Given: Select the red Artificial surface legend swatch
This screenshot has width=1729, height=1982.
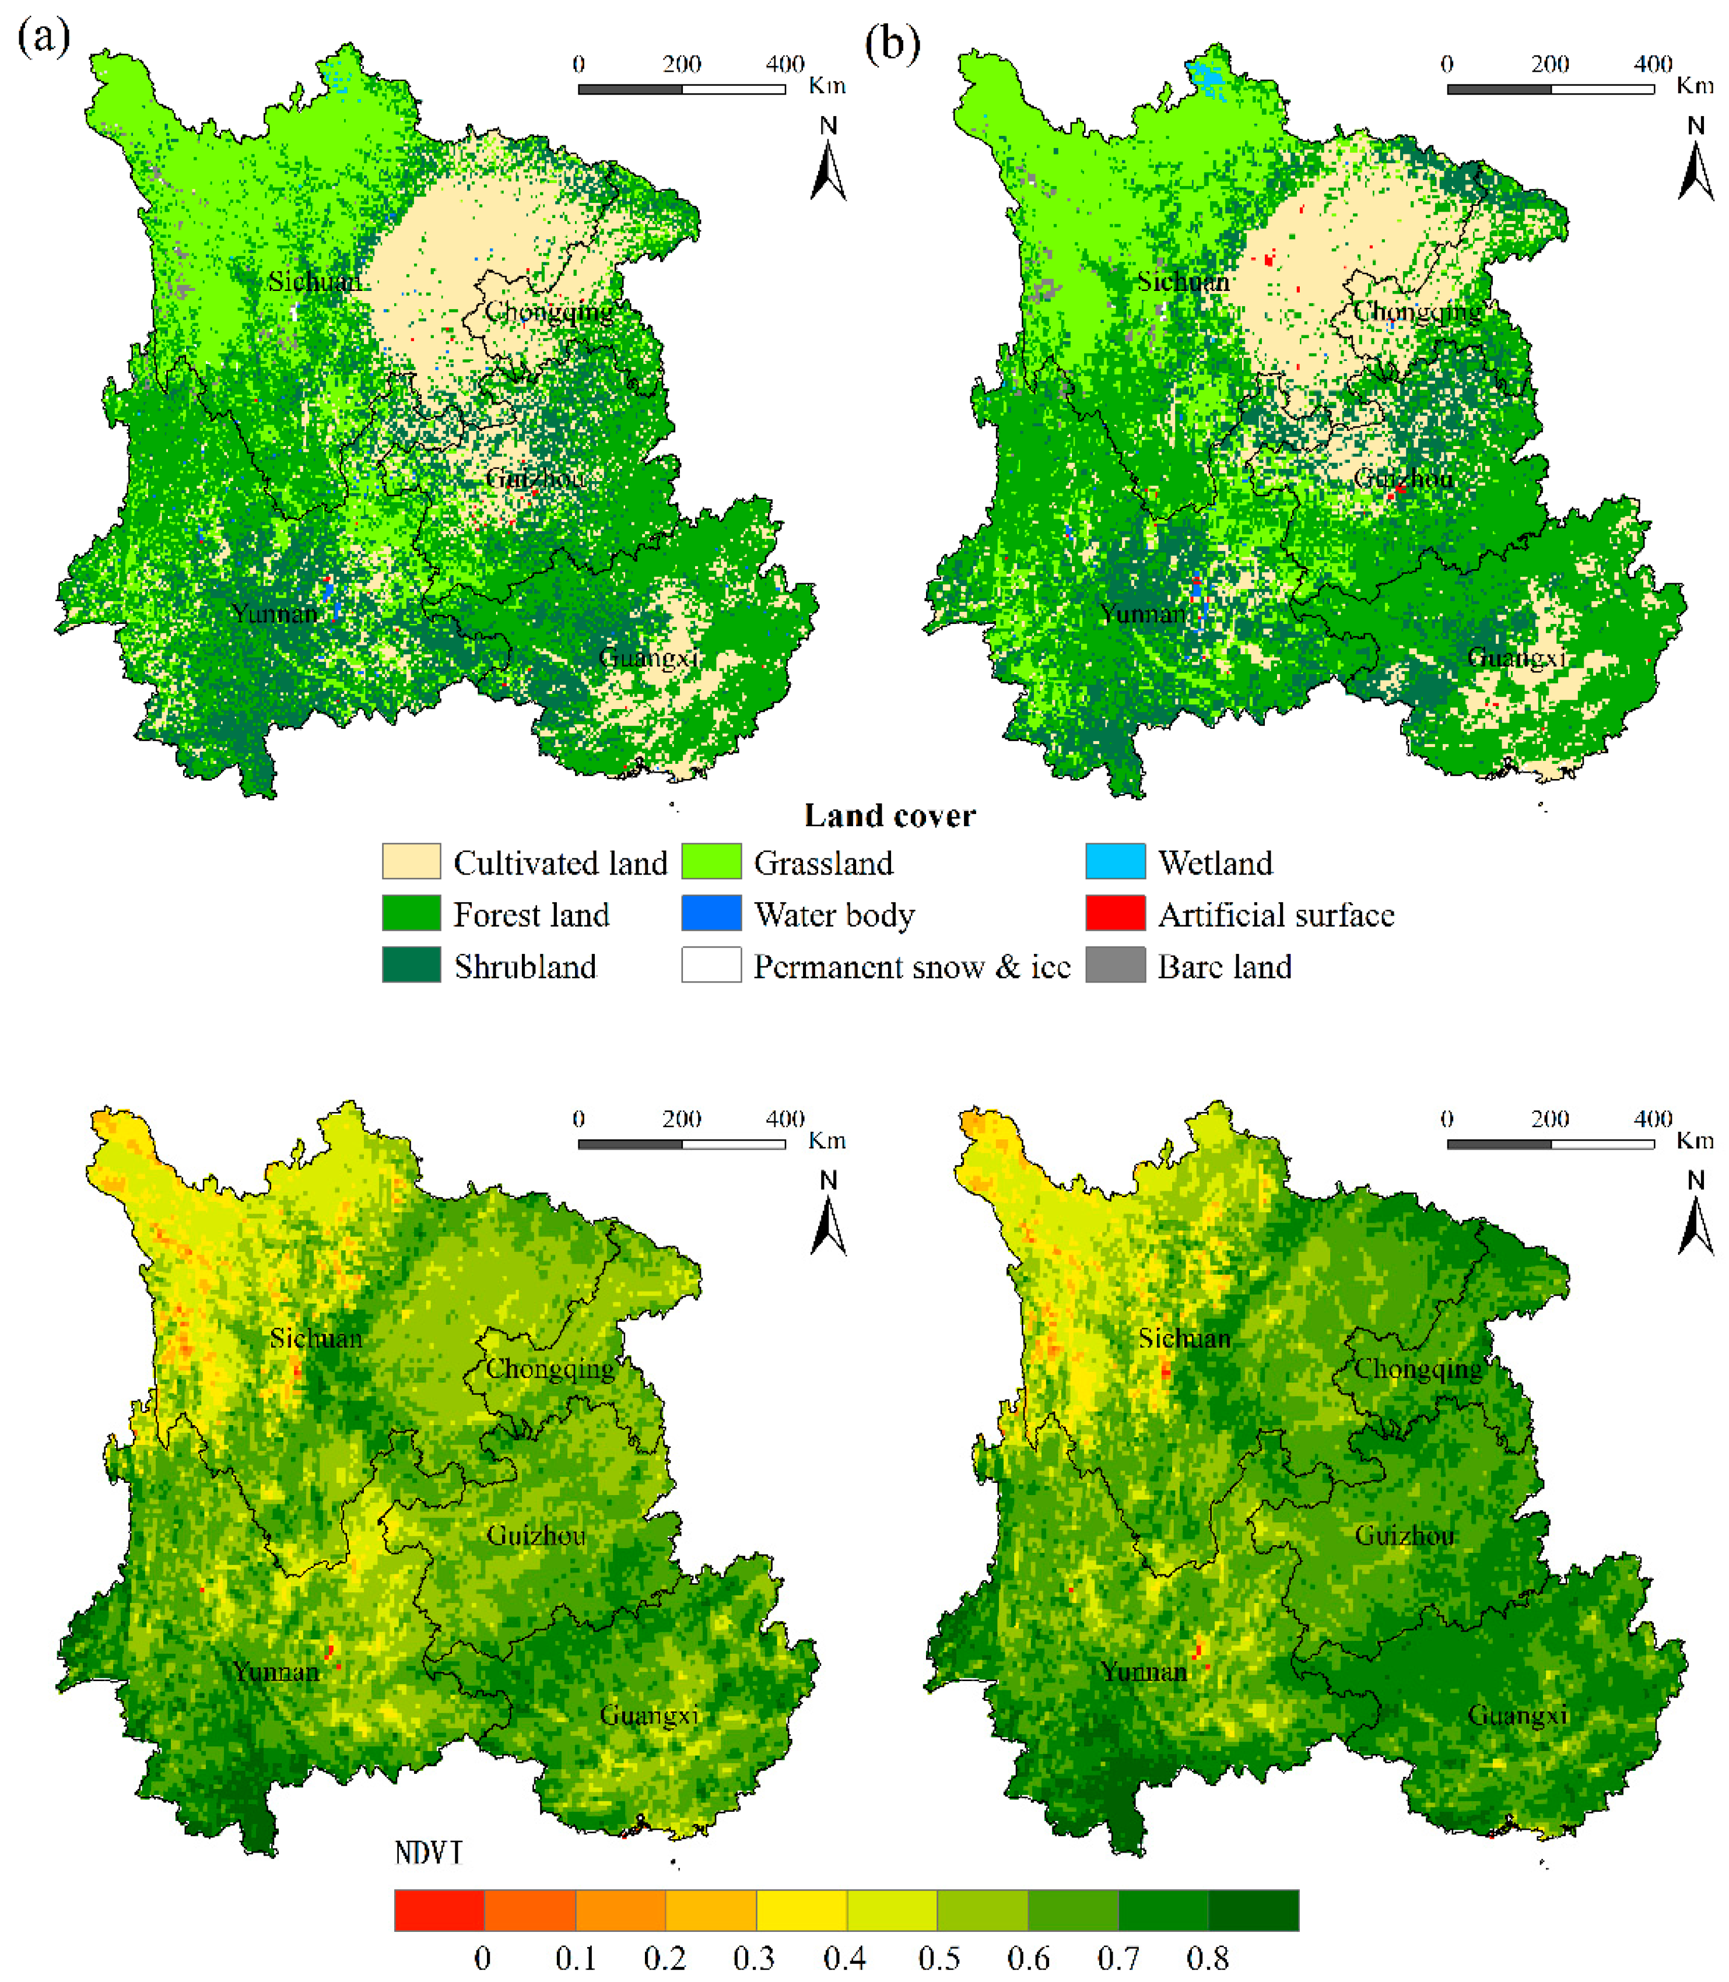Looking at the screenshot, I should pyautogui.click(x=1116, y=913).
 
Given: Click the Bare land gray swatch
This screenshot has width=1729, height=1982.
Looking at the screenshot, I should pyautogui.click(x=1116, y=965).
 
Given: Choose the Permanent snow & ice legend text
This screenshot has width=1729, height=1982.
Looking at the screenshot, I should pyautogui.click(x=912, y=966).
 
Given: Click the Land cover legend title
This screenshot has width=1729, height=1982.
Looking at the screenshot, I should pyautogui.click(x=890, y=815).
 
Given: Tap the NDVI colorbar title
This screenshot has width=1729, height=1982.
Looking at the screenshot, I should pyautogui.click(x=429, y=1853).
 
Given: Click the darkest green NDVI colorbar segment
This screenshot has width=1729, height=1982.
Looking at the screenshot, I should pyautogui.click(x=1253, y=1910).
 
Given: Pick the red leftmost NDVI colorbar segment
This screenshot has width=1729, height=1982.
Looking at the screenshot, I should pyautogui.click(x=439, y=1910).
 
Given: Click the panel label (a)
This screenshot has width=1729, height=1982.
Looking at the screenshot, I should pyautogui.click(x=43, y=38).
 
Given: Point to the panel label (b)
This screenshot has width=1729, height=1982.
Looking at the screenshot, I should pyautogui.click(x=892, y=43).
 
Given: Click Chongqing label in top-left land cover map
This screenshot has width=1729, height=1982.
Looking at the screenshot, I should pyautogui.click(x=549, y=312).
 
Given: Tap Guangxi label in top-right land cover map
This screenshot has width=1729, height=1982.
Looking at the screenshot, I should pyautogui.click(x=1517, y=657).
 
